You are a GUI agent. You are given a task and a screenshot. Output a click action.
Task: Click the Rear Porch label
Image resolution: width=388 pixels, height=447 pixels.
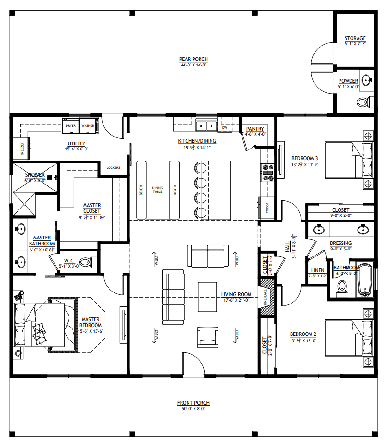[193, 59]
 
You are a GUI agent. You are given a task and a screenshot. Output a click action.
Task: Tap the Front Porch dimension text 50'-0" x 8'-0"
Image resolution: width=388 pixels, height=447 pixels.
[194, 408]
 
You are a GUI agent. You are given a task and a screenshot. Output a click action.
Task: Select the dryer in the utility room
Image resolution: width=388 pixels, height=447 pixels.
[71, 125]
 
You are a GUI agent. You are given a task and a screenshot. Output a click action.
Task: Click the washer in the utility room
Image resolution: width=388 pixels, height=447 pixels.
[87, 125]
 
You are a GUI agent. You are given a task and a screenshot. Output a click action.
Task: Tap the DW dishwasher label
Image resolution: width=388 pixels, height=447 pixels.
[225, 127]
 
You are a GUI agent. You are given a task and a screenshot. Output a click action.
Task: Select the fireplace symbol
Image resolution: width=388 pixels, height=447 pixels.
[267, 298]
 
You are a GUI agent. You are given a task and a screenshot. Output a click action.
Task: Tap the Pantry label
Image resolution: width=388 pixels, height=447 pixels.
[255, 129]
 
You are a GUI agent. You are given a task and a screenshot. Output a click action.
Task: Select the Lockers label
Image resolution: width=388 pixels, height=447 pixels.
[113, 167]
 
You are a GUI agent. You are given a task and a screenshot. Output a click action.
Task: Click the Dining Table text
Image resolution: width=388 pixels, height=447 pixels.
[158, 190]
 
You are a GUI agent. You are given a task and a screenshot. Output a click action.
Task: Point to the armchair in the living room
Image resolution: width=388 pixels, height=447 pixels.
[206, 337]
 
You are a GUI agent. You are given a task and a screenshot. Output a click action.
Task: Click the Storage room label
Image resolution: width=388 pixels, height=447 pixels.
[355, 38]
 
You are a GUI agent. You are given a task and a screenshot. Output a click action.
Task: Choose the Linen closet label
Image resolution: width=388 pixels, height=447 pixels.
[317, 270]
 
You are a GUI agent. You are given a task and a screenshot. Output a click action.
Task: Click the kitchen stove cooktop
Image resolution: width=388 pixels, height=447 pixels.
[267, 173]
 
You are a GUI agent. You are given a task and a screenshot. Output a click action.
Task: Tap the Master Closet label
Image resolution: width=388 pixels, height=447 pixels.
[92, 208]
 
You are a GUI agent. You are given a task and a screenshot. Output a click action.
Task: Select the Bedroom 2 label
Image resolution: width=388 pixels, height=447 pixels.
[303, 334]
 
